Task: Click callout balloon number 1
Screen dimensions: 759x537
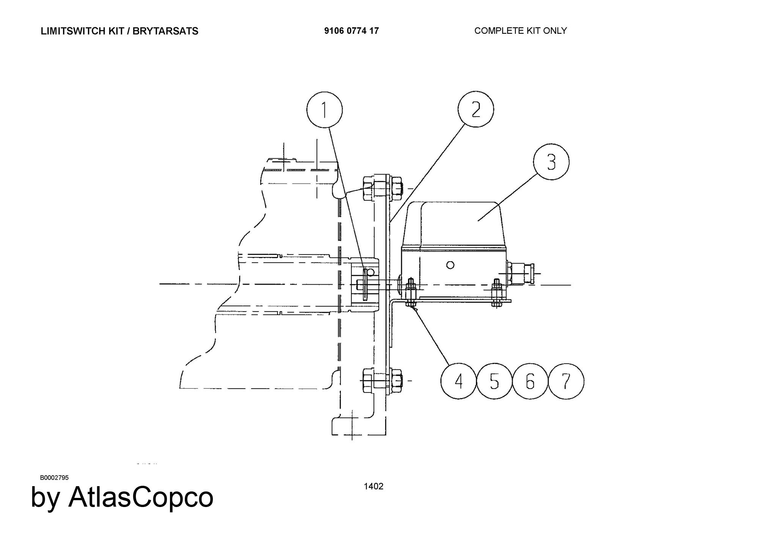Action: tap(324, 110)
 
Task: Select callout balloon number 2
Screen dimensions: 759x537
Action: tap(476, 109)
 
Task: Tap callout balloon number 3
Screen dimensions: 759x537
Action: tap(551, 162)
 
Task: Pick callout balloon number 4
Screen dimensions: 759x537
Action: tap(458, 381)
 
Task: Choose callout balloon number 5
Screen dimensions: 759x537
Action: tap(494, 381)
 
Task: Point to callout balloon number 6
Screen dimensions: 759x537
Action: tap(530, 381)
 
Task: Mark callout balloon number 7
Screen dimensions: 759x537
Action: tap(566, 381)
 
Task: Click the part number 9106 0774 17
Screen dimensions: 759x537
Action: tap(351, 31)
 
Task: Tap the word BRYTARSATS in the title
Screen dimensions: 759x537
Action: tap(165, 31)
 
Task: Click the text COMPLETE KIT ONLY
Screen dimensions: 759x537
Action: tap(521, 31)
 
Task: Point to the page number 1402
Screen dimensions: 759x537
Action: tap(373, 487)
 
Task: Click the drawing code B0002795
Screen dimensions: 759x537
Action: tap(54, 477)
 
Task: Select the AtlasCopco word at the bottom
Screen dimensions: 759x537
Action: tap(141, 497)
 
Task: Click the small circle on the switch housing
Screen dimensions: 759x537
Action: tap(450, 265)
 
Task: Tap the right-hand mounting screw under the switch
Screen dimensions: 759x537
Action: tap(496, 293)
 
